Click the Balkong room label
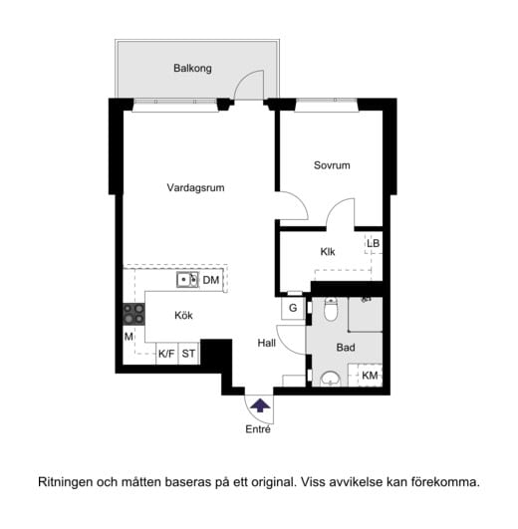[192, 70]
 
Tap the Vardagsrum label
[195, 186]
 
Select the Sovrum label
[332, 165]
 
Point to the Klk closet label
[328, 252]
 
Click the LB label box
[373, 243]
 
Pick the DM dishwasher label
[210, 281]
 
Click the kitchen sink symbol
[187, 281]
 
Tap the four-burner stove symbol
[133, 314]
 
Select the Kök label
[183, 316]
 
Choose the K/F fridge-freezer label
[166, 353]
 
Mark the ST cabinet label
[189, 353]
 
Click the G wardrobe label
[293, 309]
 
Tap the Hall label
[267, 343]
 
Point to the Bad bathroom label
[346, 348]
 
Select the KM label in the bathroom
[370, 376]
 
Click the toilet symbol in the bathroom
[332, 310]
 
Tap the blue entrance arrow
[259, 404]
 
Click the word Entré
[258, 429]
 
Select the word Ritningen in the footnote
[68, 482]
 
